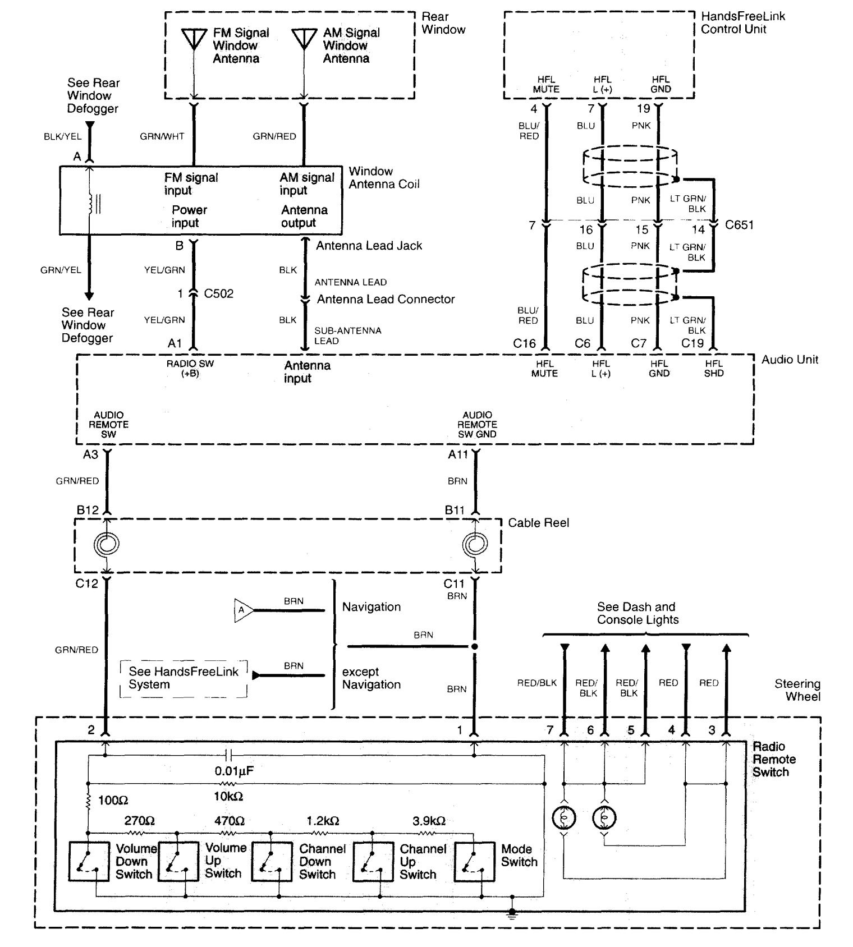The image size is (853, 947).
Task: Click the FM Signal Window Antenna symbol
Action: pyautogui.click(x=194, y=39)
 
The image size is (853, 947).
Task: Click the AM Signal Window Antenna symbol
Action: pyautogui.click(x=304, y=39)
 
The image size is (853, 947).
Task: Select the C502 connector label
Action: pyautogui.click(x=218, y=293)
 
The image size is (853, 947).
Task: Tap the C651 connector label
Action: pyautogui.click(x=739, y=225)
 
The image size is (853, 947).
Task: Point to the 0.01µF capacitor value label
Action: pyautogui.click(x=234, y=771)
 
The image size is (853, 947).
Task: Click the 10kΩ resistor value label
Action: pyautogui.click(x=228, y=796)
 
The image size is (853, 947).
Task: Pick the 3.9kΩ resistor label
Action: pyautogui.click(x=429, y=821)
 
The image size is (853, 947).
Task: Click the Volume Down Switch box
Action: pyautogui.click(x=89, y=861)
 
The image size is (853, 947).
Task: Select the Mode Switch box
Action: pyautogui.click(x=474, y=861)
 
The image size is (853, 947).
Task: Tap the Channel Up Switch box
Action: pyautogui.click(x=373, y=861)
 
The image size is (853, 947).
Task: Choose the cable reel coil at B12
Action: pyautogui.click(x=107, y=544)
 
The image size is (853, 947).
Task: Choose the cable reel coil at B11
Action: pyautogui.click(x=475, y=544)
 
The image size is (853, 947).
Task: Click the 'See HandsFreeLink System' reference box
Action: pyautogui.click(x=184, y=678)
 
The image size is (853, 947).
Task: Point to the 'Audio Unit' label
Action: pyautogui.click(x=790, y=360)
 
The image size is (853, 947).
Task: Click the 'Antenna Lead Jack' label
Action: pyautogui.click(x=369, y=246)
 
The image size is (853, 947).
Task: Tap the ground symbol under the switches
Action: pyautogui.click(x=511, y=914)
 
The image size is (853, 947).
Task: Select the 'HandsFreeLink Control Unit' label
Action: pyautogui.click(x=742, y=22)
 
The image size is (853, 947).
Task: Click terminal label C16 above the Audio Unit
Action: pyautogui.click(x=524, y=343)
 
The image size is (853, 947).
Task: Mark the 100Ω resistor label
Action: pyautogui.click(x=113, y=800)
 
